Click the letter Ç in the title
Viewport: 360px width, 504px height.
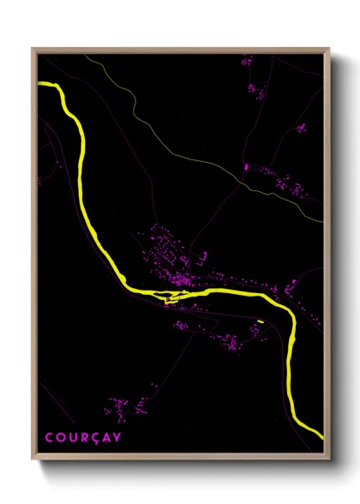pyautogui.click(x=93, y=437)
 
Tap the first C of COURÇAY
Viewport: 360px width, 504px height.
pyautogui.click(x=48, y=437)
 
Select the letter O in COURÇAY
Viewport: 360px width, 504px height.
pyautogui.click(x=59, y=437)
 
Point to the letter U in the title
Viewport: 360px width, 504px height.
pyautogui.click(x=70, y=437)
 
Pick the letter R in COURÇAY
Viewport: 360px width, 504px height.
pyautogui.click(x=81, y=437)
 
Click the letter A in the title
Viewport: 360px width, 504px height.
pyautogui.click(x=105, y=437)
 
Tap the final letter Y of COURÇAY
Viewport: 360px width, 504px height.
pyautogui.click(x=117, y=437)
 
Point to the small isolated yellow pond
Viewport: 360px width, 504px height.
pyautogui.click(x=260, y=321)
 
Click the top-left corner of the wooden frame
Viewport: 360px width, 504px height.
pyautogui.click(x=33, y=49)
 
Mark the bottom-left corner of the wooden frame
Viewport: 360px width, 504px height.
pyautogui.click(x=33, y=456)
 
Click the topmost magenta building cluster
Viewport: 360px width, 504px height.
pyautogui.click(x=247, y=61)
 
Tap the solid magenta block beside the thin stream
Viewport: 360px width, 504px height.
pyautogui.click(x=245, y=165)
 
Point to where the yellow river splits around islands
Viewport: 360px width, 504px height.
pyautogui.click(x=167, y=298)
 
